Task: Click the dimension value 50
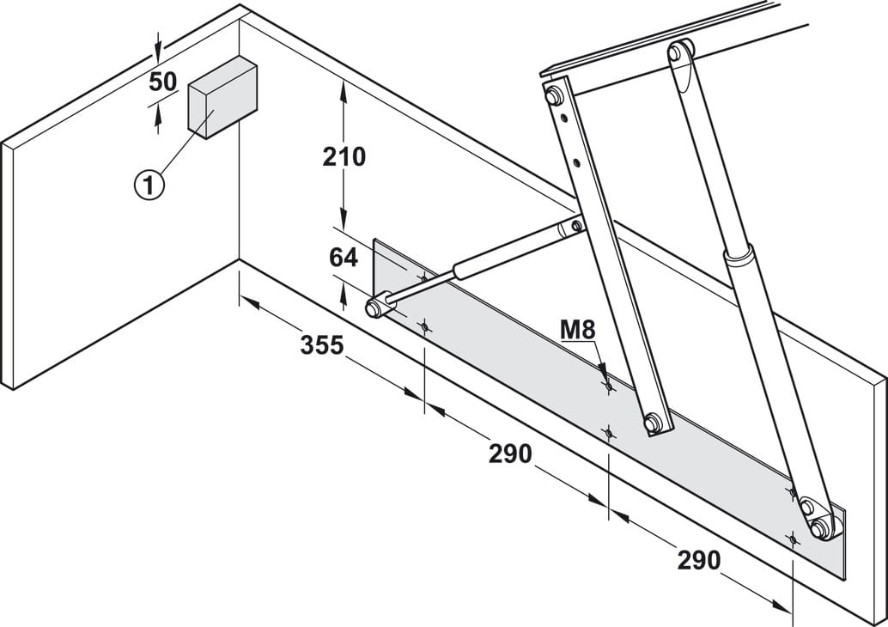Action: (162, 82)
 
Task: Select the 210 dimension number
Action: (344, 157)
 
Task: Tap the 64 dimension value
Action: (344, 259)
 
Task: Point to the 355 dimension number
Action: (322, 345)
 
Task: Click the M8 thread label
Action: (578, 330)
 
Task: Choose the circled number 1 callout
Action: (149, 186)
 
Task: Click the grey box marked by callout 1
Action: (222, 97)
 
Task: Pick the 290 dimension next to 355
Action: (510, 454)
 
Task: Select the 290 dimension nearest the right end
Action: (699, 560)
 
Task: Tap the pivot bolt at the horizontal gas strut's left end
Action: (373, 308)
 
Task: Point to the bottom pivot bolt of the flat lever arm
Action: (653, 422)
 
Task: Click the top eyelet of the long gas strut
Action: (675, 52)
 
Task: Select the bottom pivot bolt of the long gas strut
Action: (819, 528)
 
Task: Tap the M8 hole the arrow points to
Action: (608, 386)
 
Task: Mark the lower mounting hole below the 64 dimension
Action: (424, 326)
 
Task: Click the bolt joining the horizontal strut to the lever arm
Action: (576, 227)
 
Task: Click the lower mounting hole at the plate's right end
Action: (793, 538)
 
